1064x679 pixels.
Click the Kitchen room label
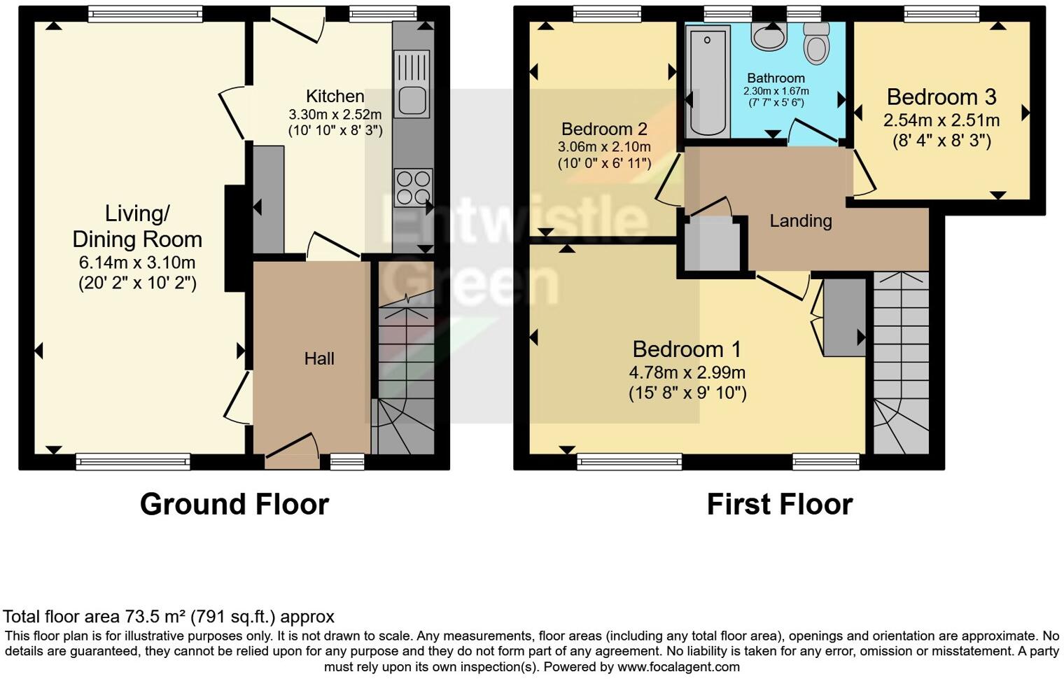(x=335, y=96)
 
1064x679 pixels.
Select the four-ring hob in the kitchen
(x=413, y=188)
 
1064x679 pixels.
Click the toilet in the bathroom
(x=815, y=43)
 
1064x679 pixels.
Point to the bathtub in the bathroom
(x=708, y=80)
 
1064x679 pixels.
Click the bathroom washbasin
(x=769, y=36)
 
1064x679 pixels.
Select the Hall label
(x=318, y=358)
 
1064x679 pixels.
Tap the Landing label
(x=800, y=221)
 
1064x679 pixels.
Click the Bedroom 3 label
(x=941, y=97)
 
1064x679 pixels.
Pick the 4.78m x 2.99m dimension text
(x=687, y=372)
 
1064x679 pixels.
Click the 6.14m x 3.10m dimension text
(x=137, y=263)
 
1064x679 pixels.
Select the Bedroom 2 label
(x=603, y=129)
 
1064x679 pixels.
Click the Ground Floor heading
(x=234, y=504)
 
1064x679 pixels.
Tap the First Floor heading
(x=779, y=504)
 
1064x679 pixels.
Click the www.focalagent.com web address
(x=678, y=666)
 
